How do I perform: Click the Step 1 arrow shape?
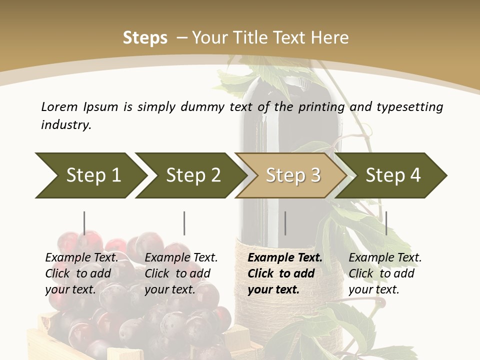click(x=90, y=175)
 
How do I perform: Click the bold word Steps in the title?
click(x=145, y=38)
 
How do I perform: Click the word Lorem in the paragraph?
click(x=59, y=107)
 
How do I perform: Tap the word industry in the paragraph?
click(x=66, y=125)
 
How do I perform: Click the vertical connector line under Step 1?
click(x=84, y=223)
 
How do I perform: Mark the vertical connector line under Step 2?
click(x=184, y=223)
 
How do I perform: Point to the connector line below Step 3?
click(x=285, y=223)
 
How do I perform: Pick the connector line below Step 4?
click(x=386, y=223)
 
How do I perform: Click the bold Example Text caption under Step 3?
click(x=285, y=273)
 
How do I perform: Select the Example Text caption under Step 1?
click(x=81, y=273)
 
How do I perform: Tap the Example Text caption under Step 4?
click(x=385, y=273)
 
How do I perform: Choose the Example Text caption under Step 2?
click(x=181, y=273)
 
